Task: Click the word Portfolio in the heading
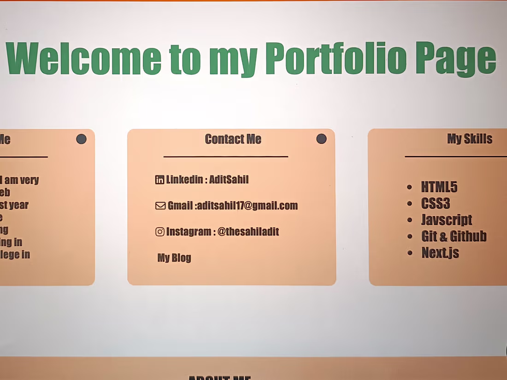(x=336, y=58)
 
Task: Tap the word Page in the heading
(x=455, y=58)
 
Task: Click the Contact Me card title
(x=233, y=139)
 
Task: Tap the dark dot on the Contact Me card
(x=321, y=139)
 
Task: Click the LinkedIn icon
(x=159, y=180)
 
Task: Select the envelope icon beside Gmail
(x=160, y=206)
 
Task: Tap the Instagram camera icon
(x=159, y=232)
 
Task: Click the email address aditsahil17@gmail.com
(x=248, y=206)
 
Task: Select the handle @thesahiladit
(x=248, y=232)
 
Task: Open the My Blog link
(x=174, y=257)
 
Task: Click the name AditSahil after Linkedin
(x=229, y=180)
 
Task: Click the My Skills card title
(x=469, y=139)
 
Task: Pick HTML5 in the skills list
(x=439, y=187)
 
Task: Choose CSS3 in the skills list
(x=435, y=204)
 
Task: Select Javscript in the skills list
(x=446, y=220)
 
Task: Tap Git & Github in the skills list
(x=454, y=236)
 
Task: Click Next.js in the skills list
(x=440, y=253)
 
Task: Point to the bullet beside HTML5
(x=409, y=187)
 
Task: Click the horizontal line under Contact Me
(x=226, y=157)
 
